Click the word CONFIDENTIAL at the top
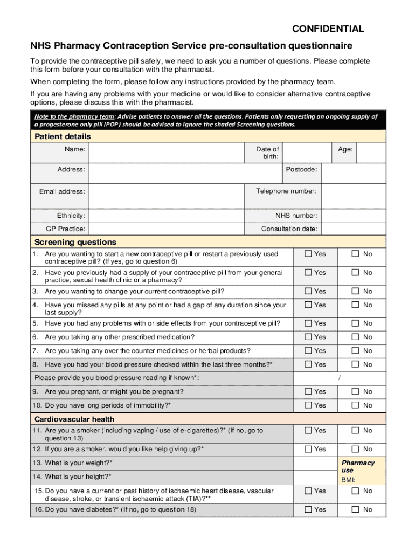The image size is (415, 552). tap(328, 29)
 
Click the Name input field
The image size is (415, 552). tap(167, 153)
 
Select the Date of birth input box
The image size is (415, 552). tap(307, 153)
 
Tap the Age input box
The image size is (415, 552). tap(371, 153)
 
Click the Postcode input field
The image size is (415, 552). tap(354, 173)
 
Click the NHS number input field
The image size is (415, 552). tap(354, 216)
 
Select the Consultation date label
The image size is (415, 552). tap(289, 229)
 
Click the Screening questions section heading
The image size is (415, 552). tap(75, 242)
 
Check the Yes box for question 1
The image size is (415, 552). tap(308, 254)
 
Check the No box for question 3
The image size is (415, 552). tap(356, 291)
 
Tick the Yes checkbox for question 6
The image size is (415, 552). tap(308, 337)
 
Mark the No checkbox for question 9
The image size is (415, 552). tap(356, 391)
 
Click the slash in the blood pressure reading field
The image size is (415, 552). tap(340, 378)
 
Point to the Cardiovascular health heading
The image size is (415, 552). tap(74, 419)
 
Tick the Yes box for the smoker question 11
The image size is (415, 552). tap(308, 430)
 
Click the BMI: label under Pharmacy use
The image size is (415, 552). tap(348, 480)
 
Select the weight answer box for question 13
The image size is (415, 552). tap(314, 463)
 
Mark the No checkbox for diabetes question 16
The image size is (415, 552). tap(356, 509)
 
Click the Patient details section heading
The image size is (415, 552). tap(63, 136)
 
